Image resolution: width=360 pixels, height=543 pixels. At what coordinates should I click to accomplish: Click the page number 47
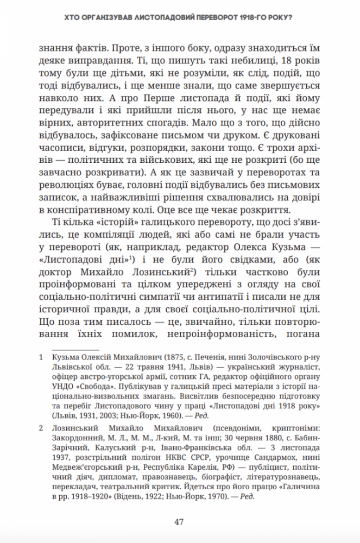180,522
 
